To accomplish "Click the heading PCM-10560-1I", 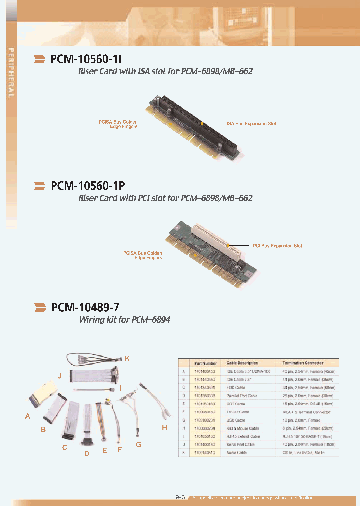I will click(85, 59).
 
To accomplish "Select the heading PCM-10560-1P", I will click(87, 186).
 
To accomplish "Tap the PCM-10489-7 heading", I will click(85, 307).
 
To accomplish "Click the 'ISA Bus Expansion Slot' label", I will click(251, 123).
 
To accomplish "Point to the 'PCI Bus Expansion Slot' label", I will click(277, 246).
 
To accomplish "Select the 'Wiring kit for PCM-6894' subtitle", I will click(125, 319).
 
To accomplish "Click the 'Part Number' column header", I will click(205, 363).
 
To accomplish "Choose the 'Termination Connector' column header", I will click(303, 363).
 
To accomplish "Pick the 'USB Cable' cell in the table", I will click(237, 420).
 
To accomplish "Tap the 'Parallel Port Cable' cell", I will click(242, 396).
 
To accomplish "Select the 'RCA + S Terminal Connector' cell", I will click(303, 412).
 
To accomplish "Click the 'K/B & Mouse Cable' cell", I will click(243, 428).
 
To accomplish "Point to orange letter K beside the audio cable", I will click(127, 359).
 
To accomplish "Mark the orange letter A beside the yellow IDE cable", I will click(28, 416).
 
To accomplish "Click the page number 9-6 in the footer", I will click(180, 497).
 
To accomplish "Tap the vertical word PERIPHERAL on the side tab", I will click(10, 73).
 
